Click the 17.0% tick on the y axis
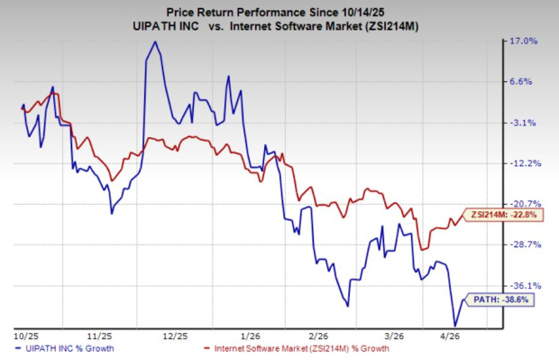(526, 42)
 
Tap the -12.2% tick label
(525, 163)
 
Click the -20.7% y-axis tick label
(525, 204)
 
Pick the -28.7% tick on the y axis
(525, 245)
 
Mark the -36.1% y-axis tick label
(525, 285)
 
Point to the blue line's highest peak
(152, 42)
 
